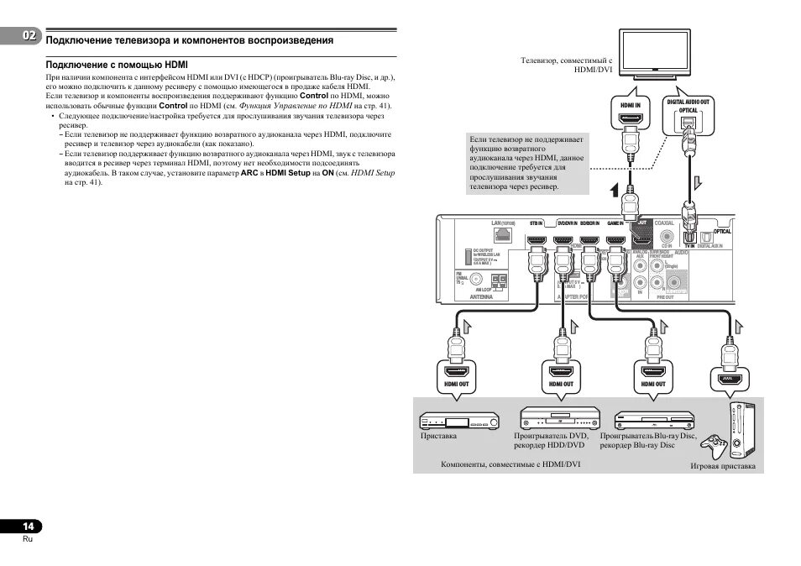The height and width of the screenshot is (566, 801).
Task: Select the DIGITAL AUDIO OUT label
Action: pyautogui.click(x=688, y=102)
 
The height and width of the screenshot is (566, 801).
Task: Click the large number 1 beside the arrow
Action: pyautogui.click(x=614, y=191)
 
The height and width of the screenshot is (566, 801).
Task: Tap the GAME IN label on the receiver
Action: pyautogui.click(x=617, y=223)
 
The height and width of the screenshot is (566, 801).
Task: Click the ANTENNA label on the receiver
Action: pyautogui.click(x=481, y=296)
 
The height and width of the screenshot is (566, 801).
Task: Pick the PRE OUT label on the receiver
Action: pyautogui.click(x=665, y=296)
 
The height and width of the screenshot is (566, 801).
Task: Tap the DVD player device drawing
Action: pyautogui.click(x=561, y=417)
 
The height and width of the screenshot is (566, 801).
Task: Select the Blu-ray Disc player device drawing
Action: pyautogui.click(x=654, y=418)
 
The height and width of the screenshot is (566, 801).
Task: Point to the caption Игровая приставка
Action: pyautogui.click(x=722, y=466)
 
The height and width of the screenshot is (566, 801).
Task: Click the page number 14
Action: pyautogui.click(x=28, y=526)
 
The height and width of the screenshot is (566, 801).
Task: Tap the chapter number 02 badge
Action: pyautogui.click(x=29, y=36)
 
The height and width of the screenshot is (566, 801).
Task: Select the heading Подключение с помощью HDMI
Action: pyautogui.click(x=117, y=64)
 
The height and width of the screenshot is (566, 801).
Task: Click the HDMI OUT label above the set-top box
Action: pyautogui.click(x=456, y=384)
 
